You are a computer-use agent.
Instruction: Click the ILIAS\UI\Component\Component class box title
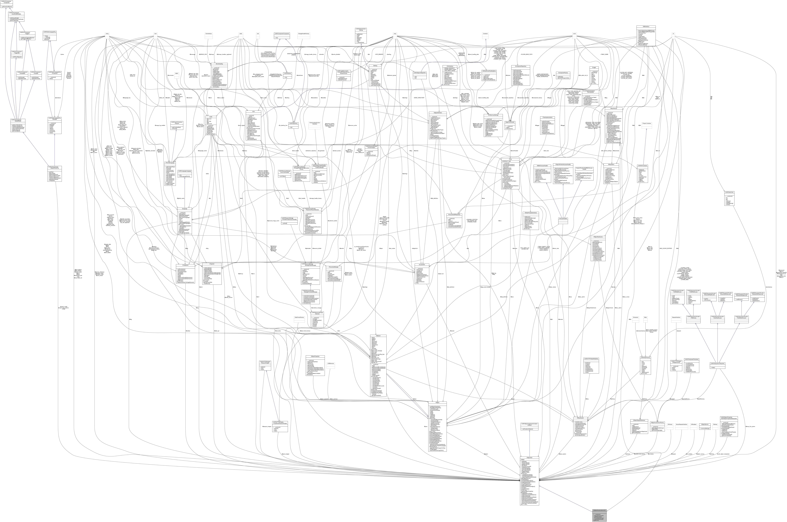click(6, 2)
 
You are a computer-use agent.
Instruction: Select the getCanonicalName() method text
click(6, 7)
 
